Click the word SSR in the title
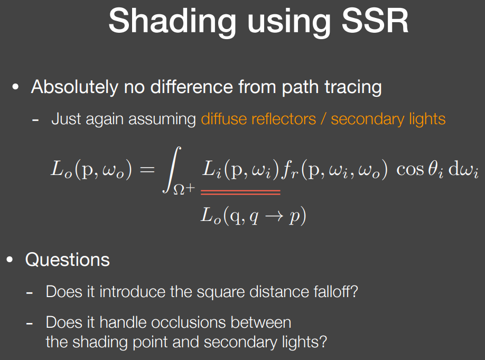[375, 21]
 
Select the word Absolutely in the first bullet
[74, 87]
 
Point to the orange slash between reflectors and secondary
[323, 119]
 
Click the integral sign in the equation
[172, 170]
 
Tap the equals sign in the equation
[147, 169]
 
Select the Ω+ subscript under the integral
[184, 189]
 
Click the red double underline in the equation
[240, 192]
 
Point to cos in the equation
[410, 170]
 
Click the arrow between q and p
[274, 216]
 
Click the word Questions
[68, 260]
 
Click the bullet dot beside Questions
[10, 260]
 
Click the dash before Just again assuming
[35, 120]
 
